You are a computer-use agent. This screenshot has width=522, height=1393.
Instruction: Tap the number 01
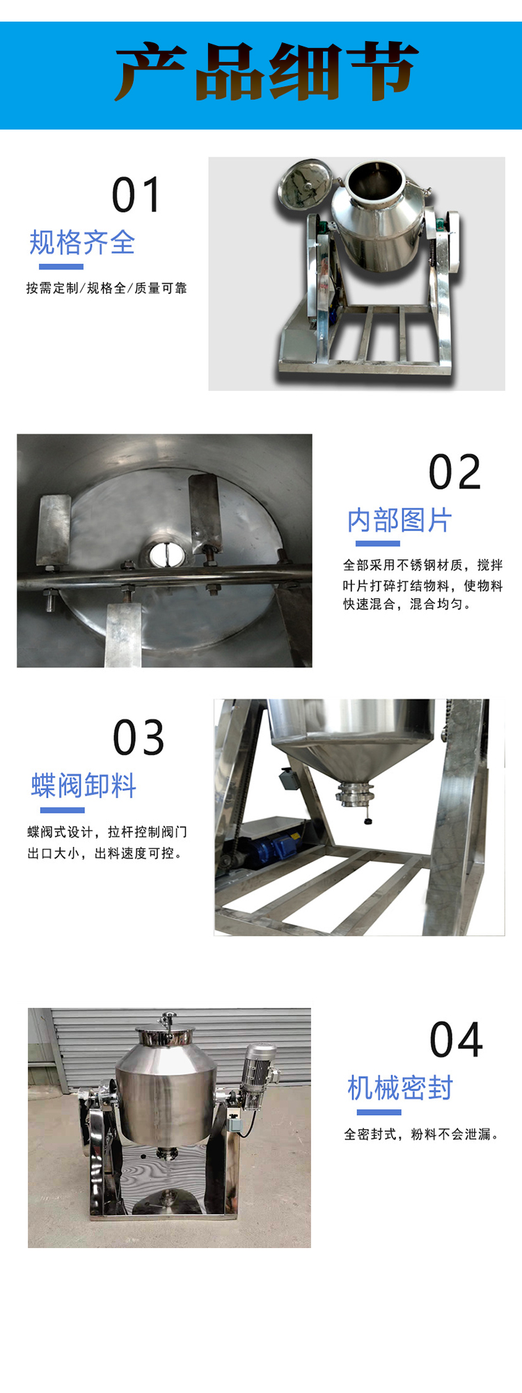[x=136, y=195]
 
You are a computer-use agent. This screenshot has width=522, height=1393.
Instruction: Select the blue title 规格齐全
[x=82, y=242]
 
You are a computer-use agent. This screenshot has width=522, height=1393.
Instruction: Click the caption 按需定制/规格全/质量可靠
[x=106, y=288]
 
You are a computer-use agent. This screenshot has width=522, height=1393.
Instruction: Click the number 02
[x=454, y=472]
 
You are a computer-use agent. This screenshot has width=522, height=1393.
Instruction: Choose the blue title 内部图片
[x=400, y=520]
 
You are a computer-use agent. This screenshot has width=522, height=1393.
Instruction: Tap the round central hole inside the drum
[x=167, y=554]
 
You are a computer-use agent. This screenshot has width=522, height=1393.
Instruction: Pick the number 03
[x=139, y=738]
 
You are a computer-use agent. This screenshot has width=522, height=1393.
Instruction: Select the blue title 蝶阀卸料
[x=84, y=786]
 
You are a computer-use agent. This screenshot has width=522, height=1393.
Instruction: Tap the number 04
[x=456, y=1040]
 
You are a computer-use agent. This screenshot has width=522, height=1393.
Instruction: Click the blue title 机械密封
[x=400, y=1088]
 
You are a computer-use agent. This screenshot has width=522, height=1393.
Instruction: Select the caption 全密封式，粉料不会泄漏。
[x=422, y=1135]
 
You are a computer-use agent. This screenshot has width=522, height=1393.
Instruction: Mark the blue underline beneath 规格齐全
[x=61, y=267]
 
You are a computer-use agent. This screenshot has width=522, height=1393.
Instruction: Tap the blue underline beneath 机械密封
[x=379, y=1112]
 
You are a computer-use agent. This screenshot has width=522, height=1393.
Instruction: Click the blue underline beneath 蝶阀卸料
[x=63, y=811]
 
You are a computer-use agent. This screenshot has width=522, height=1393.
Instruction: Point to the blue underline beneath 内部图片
[x=378, y=544]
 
